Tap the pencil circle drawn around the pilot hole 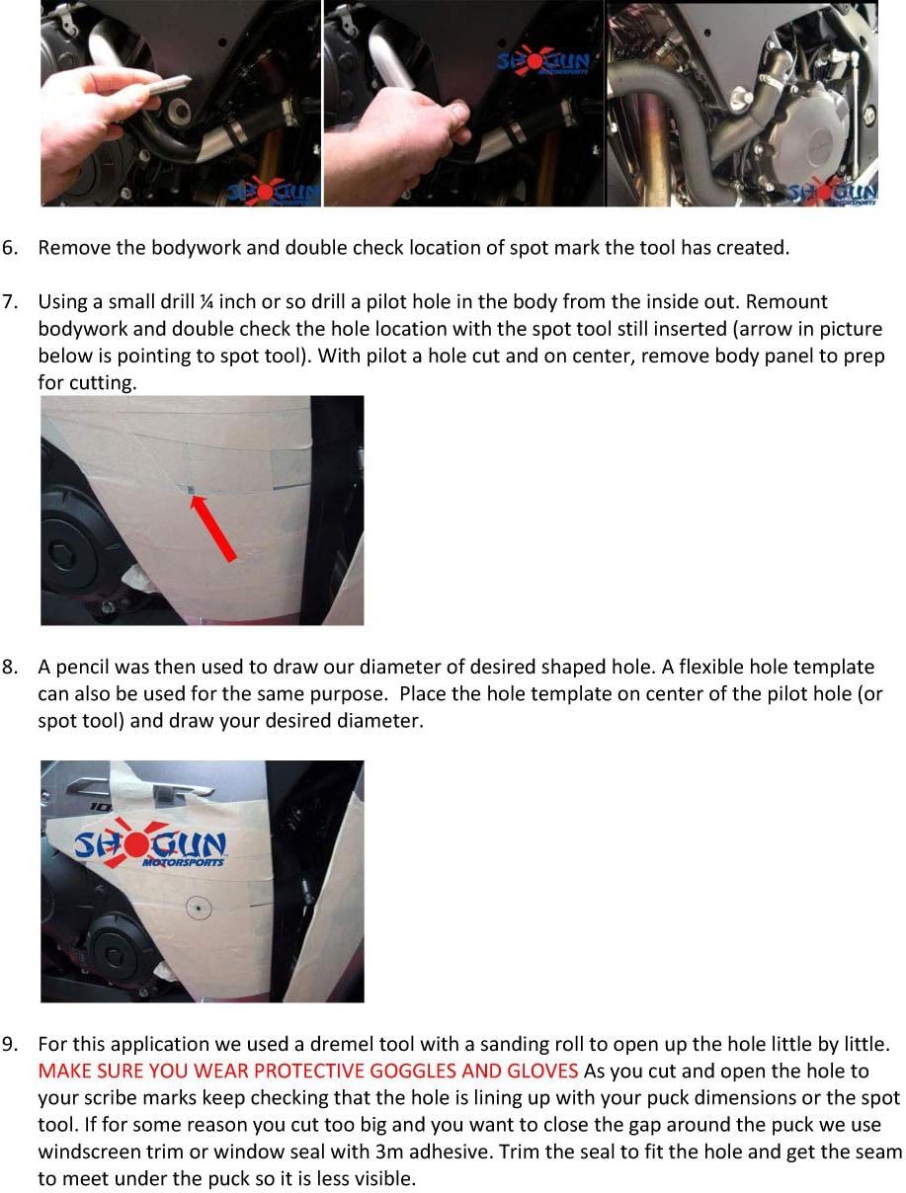pos(199,908)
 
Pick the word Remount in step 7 pos(787,302)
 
